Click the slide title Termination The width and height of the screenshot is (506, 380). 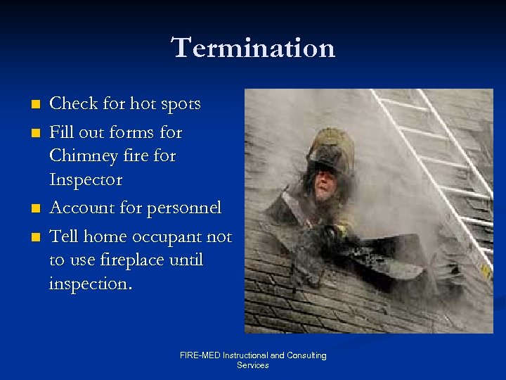(253, 48)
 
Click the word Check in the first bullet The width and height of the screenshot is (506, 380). (74, 104)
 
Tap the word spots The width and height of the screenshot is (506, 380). (179, 104)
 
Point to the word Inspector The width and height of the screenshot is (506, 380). (86, 180)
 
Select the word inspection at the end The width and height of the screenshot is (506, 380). (91, 284)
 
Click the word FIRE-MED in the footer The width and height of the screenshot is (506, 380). (200, 355)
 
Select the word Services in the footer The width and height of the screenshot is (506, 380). (253, 365)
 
